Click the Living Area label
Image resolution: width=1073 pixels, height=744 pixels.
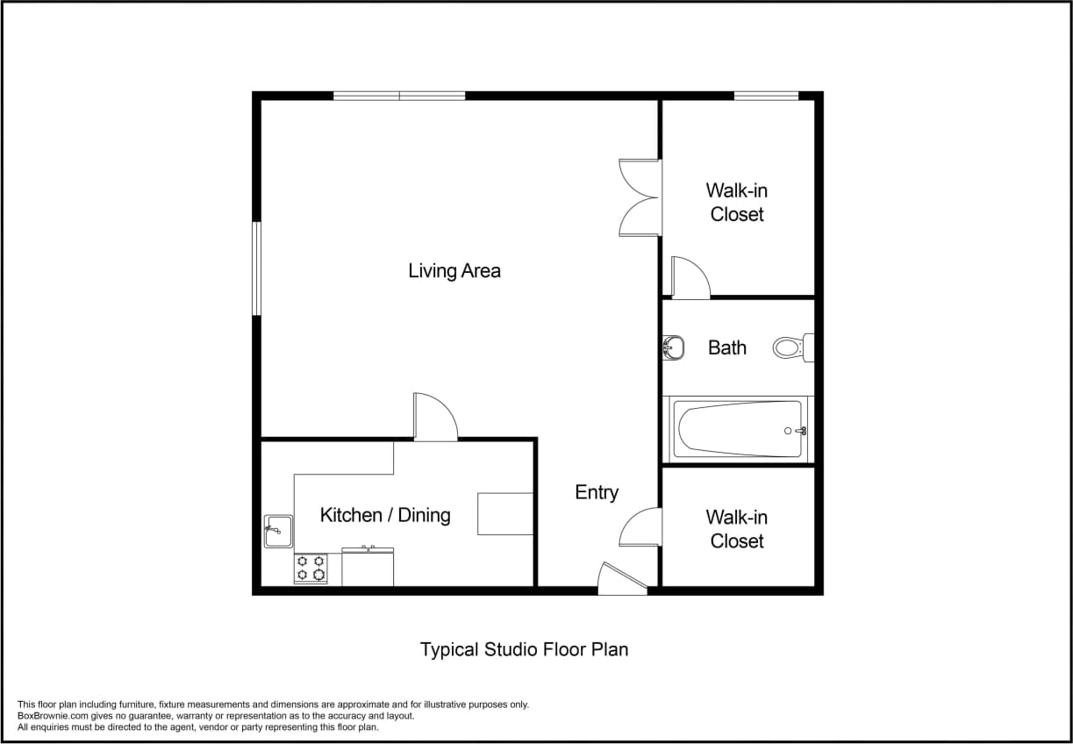pos(454,271)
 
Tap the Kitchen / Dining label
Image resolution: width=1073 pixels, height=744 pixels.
pos(385,515)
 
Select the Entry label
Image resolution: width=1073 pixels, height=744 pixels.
pos(597,493)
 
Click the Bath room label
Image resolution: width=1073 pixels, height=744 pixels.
pos(727,348)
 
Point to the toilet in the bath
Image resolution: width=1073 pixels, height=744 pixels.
pos(792,348)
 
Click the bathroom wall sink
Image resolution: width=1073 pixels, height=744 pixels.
pos(673,348)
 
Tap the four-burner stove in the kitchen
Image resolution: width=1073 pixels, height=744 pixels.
pos(311,568)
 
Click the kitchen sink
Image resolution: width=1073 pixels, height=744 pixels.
pos(277,531)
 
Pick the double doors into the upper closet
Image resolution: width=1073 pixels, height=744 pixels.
pos(640,197)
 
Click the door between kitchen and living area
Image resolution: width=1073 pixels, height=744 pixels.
pos(436,418)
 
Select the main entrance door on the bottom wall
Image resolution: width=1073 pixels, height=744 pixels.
pos(622,580)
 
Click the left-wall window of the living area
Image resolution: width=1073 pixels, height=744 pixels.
pos(257,268)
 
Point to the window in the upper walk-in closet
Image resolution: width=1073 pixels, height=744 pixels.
pos(766,96)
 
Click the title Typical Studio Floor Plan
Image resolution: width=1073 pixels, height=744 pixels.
pos(524,650)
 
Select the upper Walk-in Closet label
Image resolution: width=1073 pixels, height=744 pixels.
pos(737,203)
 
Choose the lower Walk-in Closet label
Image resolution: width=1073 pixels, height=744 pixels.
pos(737,529)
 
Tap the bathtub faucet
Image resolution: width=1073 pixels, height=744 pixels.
pos(798,431)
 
